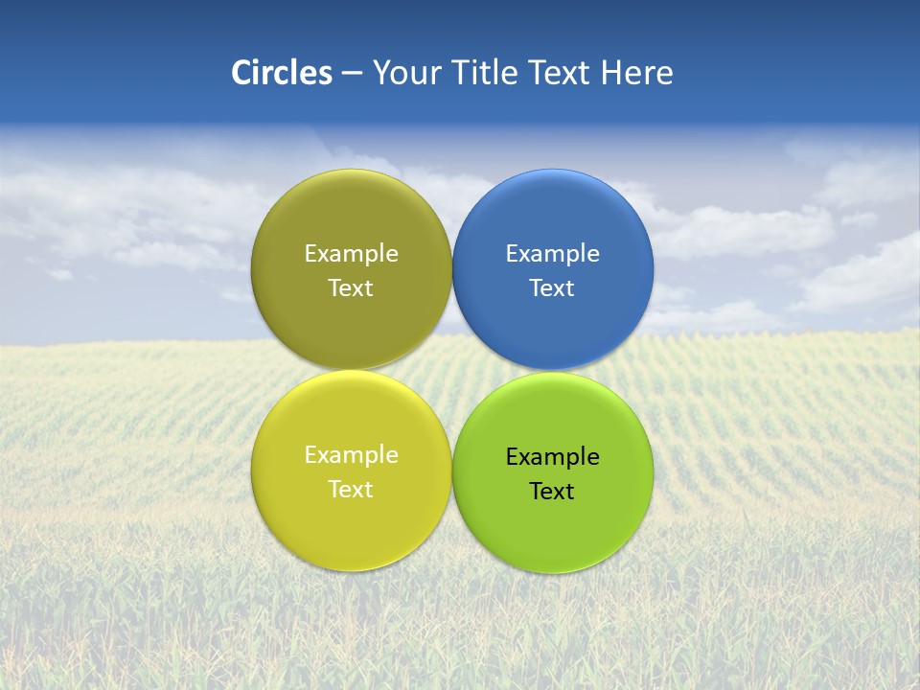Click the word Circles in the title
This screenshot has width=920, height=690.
282,73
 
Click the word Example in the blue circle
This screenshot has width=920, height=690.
553,254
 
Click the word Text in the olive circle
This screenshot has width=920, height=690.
351,288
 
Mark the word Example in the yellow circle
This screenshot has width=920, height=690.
351,455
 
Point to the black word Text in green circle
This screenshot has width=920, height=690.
553,492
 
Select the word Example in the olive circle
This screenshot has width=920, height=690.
351,254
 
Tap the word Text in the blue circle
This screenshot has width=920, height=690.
553,288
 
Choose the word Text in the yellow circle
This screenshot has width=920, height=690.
351,490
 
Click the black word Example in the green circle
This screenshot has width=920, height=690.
553,457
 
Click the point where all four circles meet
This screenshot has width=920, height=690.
452,371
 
